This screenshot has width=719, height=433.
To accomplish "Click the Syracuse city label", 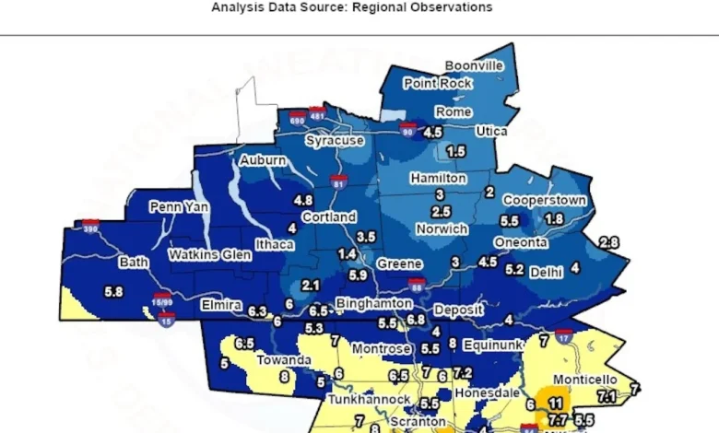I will click(336, 142).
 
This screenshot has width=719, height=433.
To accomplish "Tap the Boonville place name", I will click(474, 66).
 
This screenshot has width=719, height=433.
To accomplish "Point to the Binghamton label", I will click(373, 303).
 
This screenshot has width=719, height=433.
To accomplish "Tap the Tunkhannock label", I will click(368, 400).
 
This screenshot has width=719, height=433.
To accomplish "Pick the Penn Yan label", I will click(179, 207).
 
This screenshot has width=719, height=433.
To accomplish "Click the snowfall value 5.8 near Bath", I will click(114, 292).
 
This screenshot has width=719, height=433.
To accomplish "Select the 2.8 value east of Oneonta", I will click(608, 242).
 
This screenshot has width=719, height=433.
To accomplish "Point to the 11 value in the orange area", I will click(555, 404).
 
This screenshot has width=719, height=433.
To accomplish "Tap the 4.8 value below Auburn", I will click(302, 200).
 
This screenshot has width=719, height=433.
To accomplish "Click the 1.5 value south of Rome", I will click(455, 151).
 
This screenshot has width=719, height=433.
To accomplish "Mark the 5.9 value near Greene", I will click(358, 275).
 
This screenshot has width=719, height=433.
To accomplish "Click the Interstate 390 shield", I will click(90, 226).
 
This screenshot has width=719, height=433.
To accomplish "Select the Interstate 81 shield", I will click(339, 181).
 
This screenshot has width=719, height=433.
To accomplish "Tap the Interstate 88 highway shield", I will click(417, 287).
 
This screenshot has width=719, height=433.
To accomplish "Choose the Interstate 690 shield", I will click(296, 119).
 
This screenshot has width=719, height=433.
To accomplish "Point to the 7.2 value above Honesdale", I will click(462, 373).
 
